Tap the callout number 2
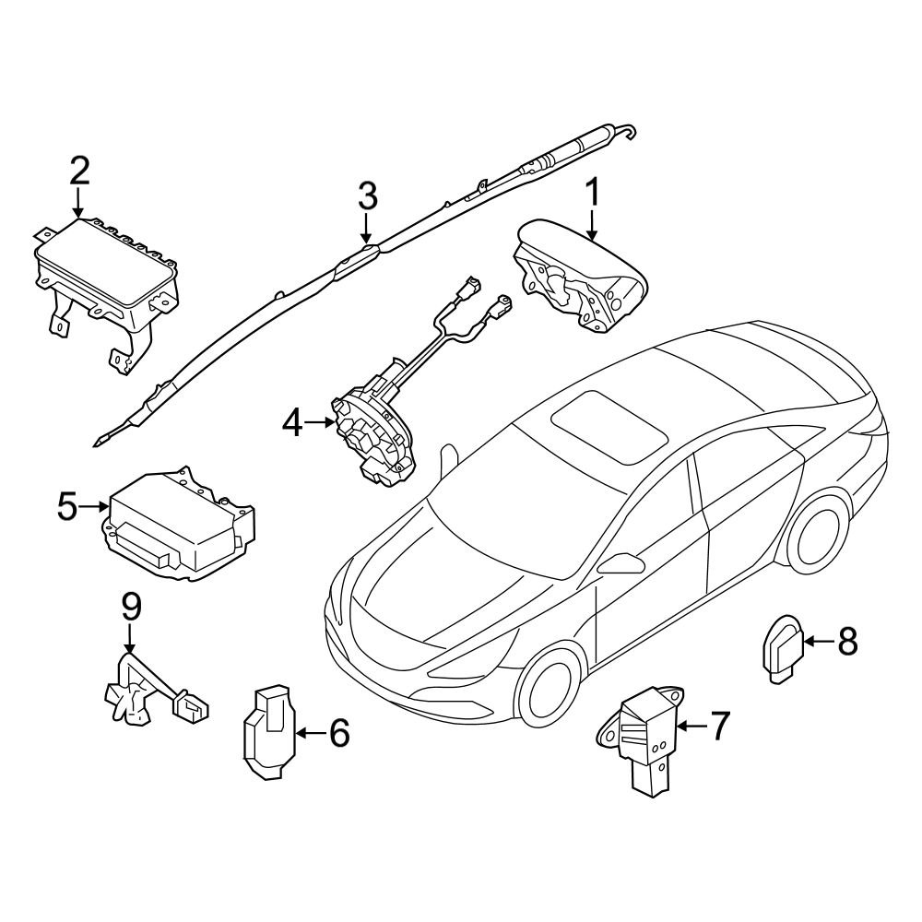tap(79, 171)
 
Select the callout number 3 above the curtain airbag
tap(367, 195)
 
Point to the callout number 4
tap(292, 423)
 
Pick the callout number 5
tap(68, 506)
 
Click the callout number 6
tap(338, 733)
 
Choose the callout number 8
tap(845, 640)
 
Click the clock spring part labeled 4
tap(373, 433)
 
